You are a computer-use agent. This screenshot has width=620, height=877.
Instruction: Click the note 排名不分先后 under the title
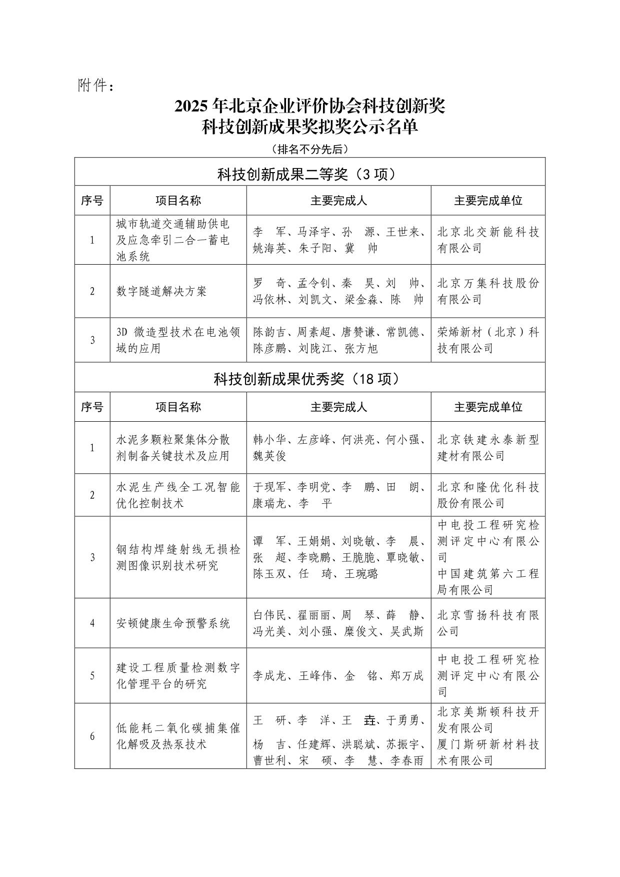(309, 149)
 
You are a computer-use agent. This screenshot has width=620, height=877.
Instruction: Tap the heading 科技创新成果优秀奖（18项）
(309, 379)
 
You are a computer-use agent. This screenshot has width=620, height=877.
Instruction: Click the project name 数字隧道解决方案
(161, 291)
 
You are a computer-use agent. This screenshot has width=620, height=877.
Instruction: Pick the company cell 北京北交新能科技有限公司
(488, 240)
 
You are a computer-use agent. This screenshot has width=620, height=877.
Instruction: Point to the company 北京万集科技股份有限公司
(488, 291)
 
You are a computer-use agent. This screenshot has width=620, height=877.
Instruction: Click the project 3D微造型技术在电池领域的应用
(178, 340)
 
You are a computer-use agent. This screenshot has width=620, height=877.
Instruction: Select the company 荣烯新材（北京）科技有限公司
(488, 340)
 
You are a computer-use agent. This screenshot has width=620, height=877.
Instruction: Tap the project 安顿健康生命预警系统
(173, 623)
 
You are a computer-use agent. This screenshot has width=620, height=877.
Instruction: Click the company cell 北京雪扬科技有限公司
(488, 623)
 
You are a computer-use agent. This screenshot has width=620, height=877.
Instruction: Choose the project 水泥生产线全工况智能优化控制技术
(178, 495)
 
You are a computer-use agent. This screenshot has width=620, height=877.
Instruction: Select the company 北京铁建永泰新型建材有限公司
(488, 448)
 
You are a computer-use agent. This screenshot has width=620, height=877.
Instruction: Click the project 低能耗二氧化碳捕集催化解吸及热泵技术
(178, 736)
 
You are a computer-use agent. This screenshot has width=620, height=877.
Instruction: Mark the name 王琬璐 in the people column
(361, 574)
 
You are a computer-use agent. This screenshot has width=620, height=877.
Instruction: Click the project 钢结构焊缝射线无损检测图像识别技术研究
(178, 558)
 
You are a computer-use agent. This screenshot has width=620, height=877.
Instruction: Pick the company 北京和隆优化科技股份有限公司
(488, 495)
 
